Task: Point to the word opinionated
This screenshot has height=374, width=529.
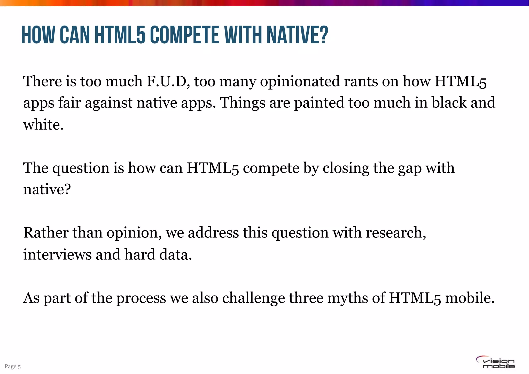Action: [300, 82]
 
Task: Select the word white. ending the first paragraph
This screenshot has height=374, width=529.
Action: [43, 125]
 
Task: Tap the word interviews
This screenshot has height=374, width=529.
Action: [57, 254]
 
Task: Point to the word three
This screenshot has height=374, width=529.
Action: [306, 298]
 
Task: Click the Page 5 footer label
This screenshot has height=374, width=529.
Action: [12, 367]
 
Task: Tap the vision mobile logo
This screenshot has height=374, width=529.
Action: [495, 363]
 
